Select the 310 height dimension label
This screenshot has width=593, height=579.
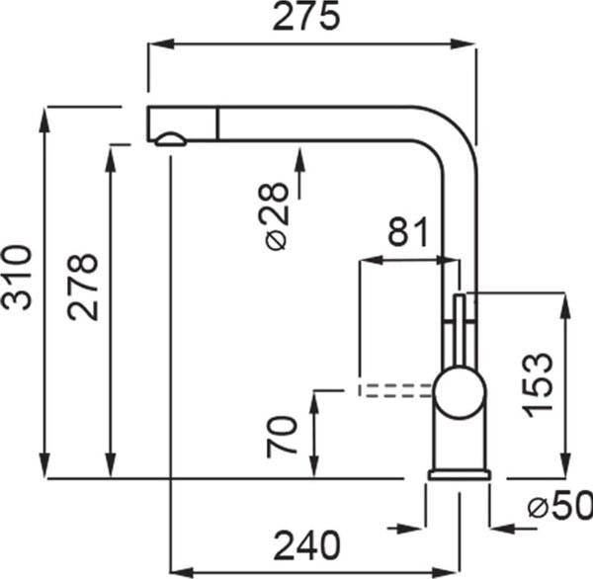click(16, 278)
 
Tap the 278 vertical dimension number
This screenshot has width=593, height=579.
click(83, 288)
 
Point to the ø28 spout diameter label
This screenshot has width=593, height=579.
click(277, 216)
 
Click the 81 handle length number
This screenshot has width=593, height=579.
click(408, 231)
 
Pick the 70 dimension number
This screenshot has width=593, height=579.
click(282, 437)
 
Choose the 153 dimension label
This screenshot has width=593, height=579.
click(537, 385)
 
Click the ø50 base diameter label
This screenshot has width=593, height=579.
click(560, 505)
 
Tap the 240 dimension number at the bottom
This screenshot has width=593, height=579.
click(307, 545)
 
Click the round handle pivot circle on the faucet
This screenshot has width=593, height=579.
click(460, 392)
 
